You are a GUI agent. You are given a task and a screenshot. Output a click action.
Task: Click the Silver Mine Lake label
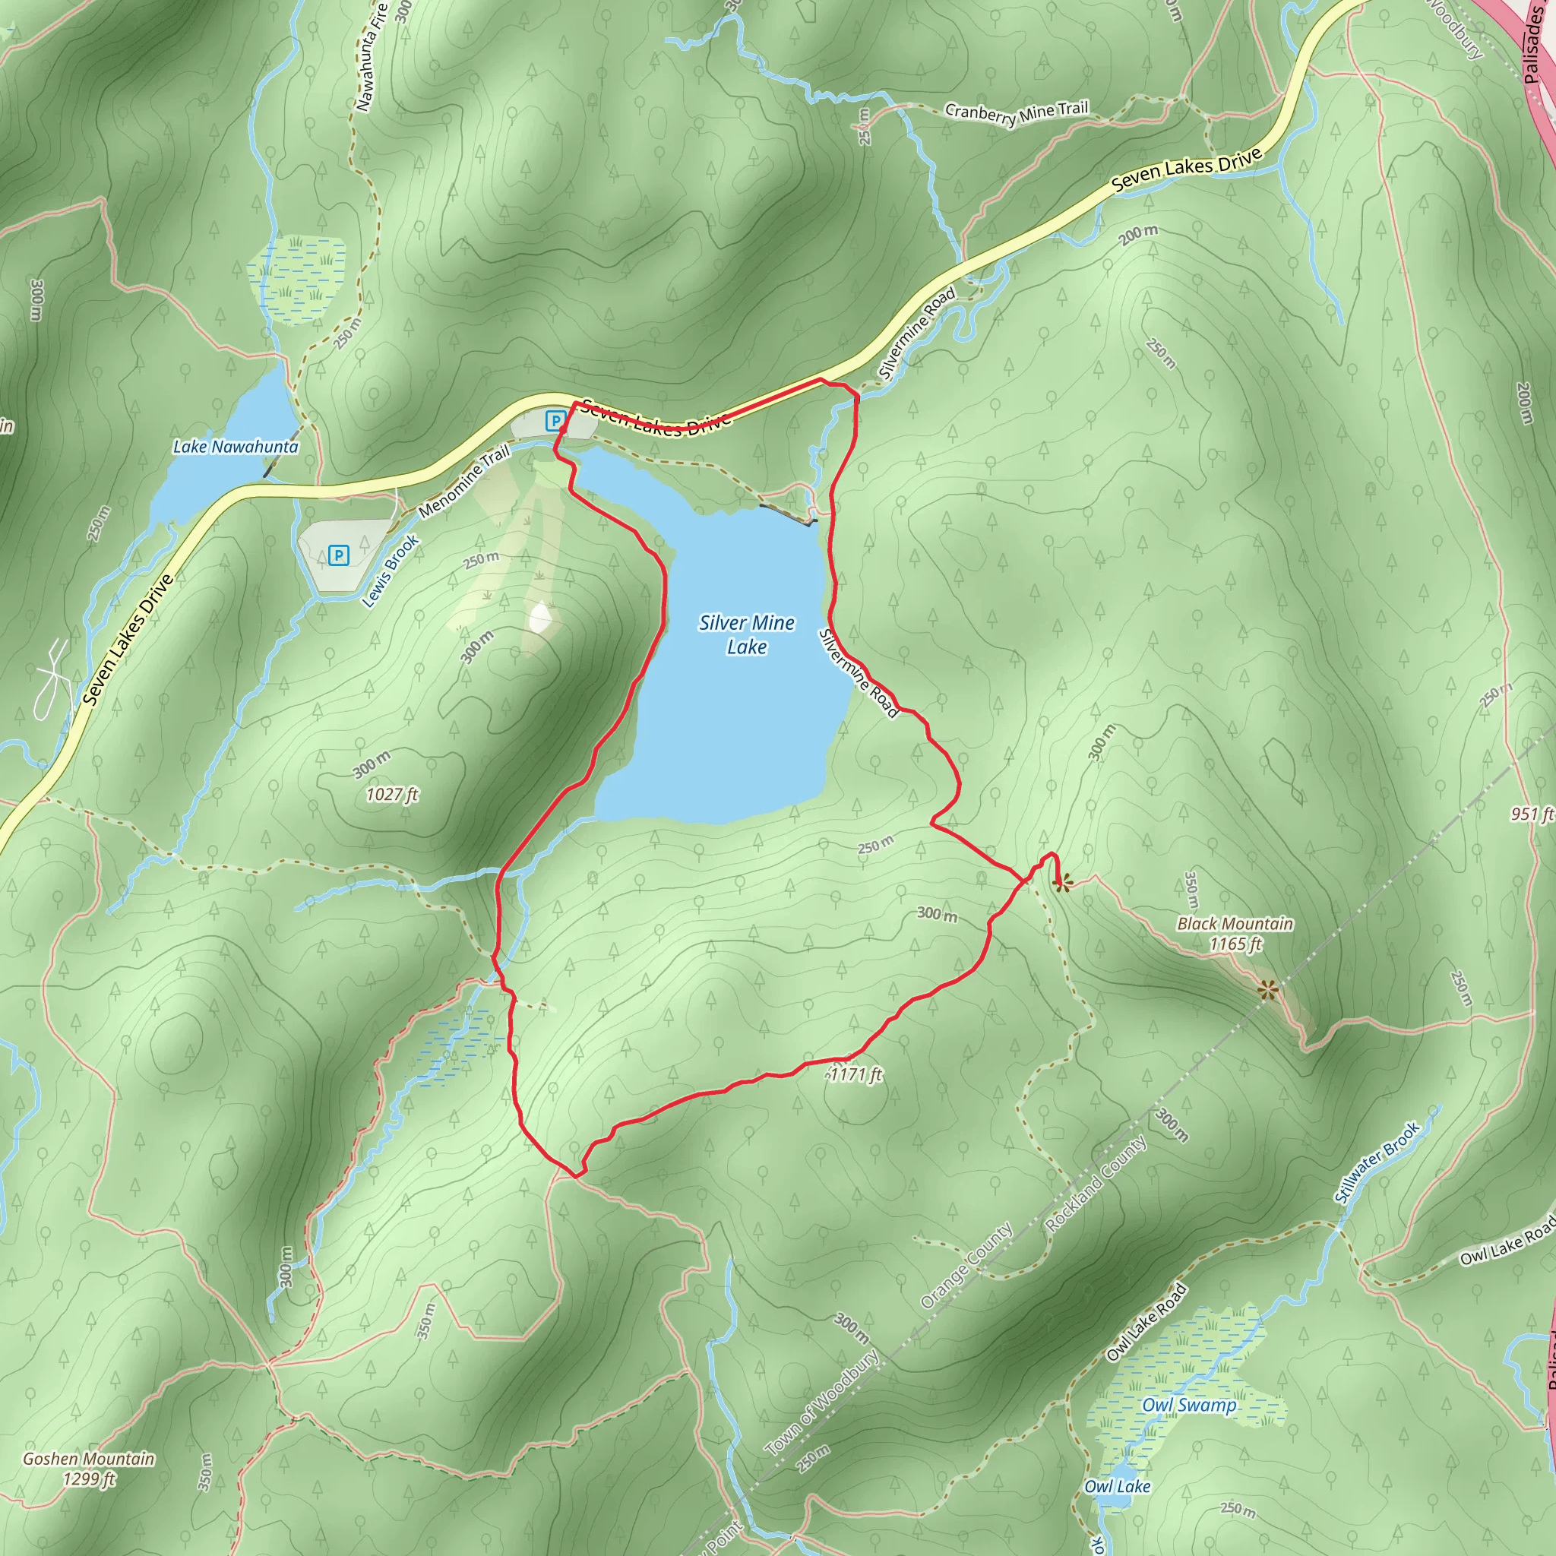click(x=747, y=634)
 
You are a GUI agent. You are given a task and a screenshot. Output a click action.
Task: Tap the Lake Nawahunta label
click(x=236, y=446)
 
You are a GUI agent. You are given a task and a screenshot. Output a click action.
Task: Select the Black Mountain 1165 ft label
click(x=1235, y=934)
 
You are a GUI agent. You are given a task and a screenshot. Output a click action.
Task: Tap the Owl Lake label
click(x=1117, y=1463)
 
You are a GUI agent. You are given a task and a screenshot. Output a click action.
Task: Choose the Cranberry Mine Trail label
click(x=1017, y=112)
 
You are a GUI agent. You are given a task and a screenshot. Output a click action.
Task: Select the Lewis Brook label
click(x=391, y=571)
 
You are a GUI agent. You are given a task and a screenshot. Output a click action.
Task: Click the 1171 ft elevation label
click(x=856, y=1074)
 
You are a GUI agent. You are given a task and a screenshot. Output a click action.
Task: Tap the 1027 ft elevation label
click(x=392, y=794)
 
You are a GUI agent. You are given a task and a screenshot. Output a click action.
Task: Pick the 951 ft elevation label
click(x=1531, y=814)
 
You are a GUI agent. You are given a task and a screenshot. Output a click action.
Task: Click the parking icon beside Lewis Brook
click(x=339, y=555)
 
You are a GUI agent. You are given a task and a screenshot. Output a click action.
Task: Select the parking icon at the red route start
click(x=555, y=419)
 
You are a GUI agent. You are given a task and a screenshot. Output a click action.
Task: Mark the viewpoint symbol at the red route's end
click(x=1062, y=884)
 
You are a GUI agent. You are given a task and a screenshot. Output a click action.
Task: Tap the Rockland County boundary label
click(x=1096, y=1183)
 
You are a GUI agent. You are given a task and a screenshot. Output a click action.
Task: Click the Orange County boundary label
click(x=966, y=1265)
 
